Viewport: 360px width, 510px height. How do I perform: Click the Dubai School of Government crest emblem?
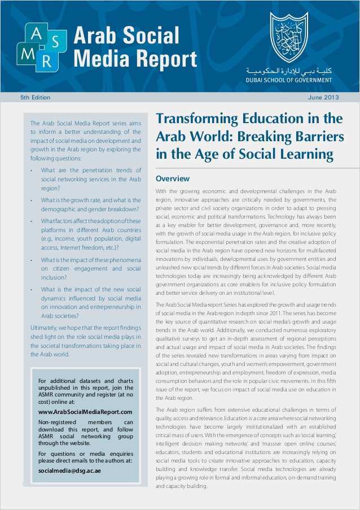[289, 38]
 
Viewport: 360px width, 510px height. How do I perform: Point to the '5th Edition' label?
[35, 98]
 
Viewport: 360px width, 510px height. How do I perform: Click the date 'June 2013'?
[324, 98]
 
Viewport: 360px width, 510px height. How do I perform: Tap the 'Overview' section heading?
[172, 179]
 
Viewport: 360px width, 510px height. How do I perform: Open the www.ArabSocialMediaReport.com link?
[85, 412]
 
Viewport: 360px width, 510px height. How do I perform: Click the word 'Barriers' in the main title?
[317, 137]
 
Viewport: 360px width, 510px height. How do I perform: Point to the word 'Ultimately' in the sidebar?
[45, 328]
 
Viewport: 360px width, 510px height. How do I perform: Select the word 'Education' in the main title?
[271, 119]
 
